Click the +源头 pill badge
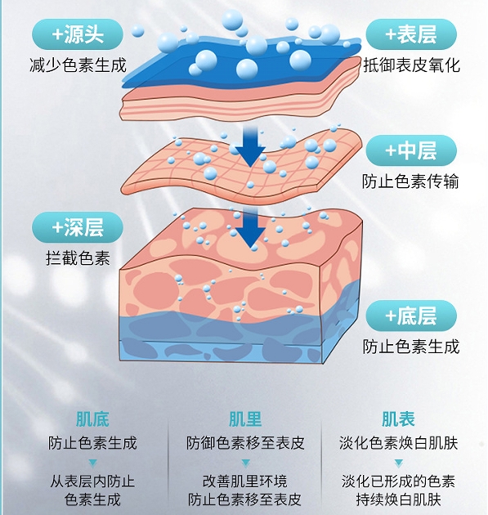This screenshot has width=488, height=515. click(x=78, y=34)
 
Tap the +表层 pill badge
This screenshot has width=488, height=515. click(x=411, y=34)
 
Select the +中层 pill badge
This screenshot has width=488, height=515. click(x=411, y=150)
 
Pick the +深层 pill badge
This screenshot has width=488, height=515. click(x=78, y=227)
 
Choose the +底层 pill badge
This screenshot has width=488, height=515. click(x=411, y=316)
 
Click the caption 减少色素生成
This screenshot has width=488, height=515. click(x=78, y=65)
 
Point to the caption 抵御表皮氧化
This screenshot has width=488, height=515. click(x=411, y=65)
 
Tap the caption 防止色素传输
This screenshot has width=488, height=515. click(x=410, y=181)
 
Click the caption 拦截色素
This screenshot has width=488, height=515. click(x=78, y=258)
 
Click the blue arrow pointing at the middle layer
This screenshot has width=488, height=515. click(x=251, y=146)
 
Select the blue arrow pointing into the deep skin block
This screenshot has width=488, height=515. click(x=251, y=227)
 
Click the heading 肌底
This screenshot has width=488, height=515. click(x=92, y=419)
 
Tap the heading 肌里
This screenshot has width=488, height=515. click(x=245, y=419)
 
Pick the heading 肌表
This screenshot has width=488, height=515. click(x=398, y=419)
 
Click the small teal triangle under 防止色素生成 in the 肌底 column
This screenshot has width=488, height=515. click(x=92, y=463)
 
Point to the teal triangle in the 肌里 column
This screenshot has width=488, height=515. click(x=246, y=463)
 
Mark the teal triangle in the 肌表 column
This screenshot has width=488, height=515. click(x=399, y=463)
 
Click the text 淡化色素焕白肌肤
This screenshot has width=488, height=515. click(x=399, y=443)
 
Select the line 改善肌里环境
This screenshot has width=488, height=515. click(x=245, y=481)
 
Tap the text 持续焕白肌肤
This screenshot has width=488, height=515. click(x=399, y=499)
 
